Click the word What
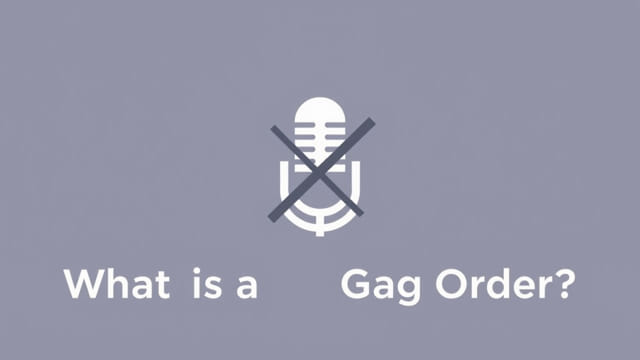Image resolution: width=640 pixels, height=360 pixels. [116, 284]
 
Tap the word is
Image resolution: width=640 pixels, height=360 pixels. [202, 284]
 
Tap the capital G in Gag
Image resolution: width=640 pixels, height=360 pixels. [355, 284]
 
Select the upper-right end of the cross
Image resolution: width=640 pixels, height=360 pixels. [372, 121]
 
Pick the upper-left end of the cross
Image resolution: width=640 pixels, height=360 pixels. [272, 127]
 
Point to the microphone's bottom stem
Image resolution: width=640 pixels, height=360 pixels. [320, 229]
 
